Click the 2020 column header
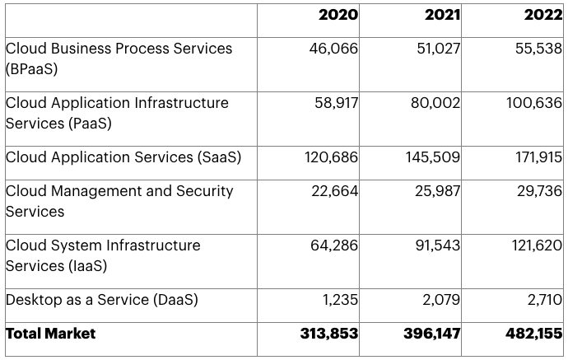click(338, 16)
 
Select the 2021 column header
click(442, 16)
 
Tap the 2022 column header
click(543, 16)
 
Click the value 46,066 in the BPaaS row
click(333, 49)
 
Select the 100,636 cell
click(534, 103)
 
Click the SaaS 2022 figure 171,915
click(535, 157)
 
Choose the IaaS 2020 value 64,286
click(333, 245)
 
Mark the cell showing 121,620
click(535, 245)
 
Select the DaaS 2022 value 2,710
click(544, 300)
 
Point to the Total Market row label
click(51, 334)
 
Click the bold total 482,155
click(533, 334)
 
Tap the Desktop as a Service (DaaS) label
click(102, 300)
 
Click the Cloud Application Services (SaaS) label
click(123, 157)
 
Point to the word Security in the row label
click(205, 191)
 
